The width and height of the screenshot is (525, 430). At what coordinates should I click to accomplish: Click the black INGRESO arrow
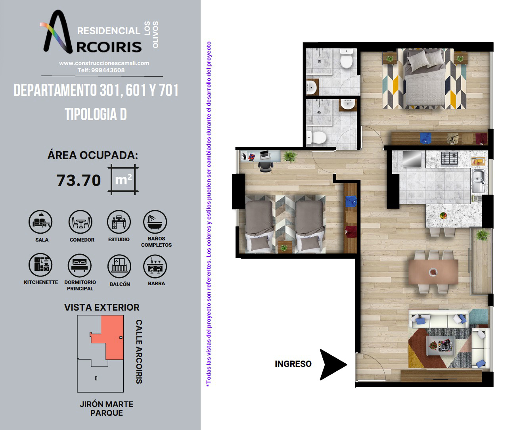[332, 365]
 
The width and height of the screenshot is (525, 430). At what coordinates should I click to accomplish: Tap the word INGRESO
[293, 364]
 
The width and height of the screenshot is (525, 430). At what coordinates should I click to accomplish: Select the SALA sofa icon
[40, 222]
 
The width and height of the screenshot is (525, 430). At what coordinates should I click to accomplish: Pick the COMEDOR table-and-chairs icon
[80, 222]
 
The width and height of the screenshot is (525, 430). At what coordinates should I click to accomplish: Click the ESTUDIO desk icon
[119, 222]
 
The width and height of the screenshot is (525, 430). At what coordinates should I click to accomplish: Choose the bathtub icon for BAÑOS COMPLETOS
[155, 222]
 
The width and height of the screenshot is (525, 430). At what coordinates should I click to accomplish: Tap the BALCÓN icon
[119, 266]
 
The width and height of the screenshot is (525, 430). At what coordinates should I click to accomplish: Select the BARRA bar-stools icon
[155, 266]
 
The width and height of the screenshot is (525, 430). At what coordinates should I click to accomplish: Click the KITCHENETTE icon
[40, 265]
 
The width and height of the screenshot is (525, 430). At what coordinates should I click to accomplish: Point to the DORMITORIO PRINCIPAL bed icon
[80, 266]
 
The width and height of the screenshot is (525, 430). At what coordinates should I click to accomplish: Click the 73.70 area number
[79, 180]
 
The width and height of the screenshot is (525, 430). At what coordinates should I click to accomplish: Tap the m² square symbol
[123, 179]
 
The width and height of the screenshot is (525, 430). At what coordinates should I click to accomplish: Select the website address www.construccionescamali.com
[104, 63]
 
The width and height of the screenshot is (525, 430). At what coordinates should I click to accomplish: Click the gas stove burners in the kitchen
[449, 159]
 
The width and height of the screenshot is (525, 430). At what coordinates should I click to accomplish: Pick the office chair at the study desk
[266, 166]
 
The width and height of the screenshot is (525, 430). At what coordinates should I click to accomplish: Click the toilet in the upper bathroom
[346, 59]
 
